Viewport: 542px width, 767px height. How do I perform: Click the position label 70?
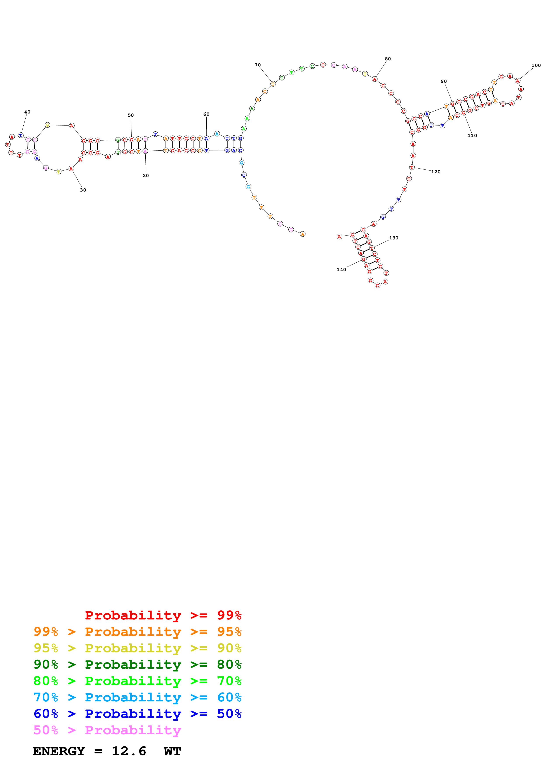258,65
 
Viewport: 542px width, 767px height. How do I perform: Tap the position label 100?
536,65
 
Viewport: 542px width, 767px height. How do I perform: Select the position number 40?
27,112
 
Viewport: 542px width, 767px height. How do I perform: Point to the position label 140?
341,270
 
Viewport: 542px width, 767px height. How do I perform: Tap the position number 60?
206,114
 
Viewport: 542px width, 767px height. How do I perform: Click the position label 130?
393,238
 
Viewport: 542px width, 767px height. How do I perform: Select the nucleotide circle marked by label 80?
375,79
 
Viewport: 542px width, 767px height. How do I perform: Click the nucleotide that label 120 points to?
412,167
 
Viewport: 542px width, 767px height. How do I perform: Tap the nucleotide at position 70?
273,84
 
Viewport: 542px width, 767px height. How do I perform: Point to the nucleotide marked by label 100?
517,81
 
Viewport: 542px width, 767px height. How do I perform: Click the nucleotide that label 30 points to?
71,169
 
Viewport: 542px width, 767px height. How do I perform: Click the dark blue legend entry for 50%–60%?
137,714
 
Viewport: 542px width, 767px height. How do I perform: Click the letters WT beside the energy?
172,751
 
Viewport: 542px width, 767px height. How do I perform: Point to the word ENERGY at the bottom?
59,751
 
